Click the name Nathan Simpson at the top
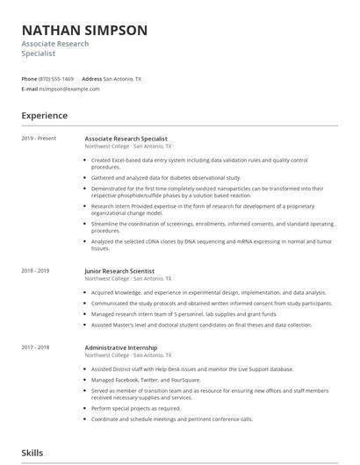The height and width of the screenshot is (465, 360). coord(84,31)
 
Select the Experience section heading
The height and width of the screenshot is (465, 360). coord(44,116)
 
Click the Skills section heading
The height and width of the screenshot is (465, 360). coord(32,453)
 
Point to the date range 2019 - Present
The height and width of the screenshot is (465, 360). coord(39,139)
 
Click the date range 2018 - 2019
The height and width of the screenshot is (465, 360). coord(35,271)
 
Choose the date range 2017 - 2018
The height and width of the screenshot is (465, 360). coord(35,347)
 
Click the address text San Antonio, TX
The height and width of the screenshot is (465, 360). coord(123,78)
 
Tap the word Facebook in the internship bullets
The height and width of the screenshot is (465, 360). coord(128,379)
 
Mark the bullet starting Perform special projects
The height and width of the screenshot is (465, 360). coord(136,408)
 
